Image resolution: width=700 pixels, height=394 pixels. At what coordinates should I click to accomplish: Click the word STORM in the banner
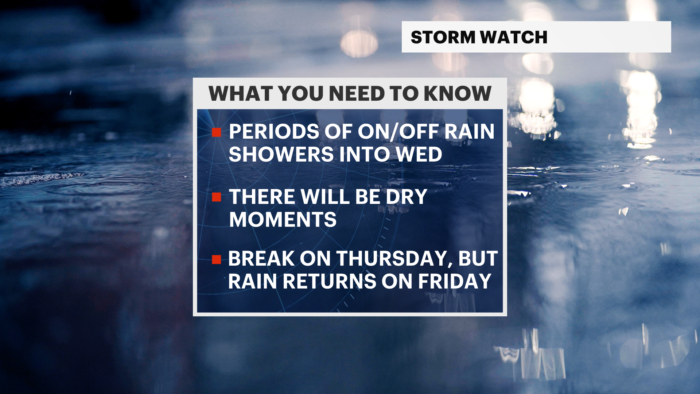click(443, 37)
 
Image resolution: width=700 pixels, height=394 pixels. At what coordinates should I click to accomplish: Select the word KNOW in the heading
click(458, 93)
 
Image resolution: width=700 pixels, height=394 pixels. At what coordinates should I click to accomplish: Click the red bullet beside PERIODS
click(217, 132)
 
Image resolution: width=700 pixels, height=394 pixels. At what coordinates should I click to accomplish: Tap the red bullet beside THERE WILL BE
click(217, 197)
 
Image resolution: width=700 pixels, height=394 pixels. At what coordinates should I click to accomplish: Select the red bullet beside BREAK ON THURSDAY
click(217, 259)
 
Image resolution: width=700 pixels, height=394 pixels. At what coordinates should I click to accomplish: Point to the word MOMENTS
click(283, 220)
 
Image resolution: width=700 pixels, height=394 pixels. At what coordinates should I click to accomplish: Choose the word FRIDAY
click(455, 281)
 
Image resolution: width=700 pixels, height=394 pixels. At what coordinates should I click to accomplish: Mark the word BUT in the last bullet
click(478, 259)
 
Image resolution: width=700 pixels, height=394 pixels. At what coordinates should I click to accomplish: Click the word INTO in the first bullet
click(365, 154)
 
